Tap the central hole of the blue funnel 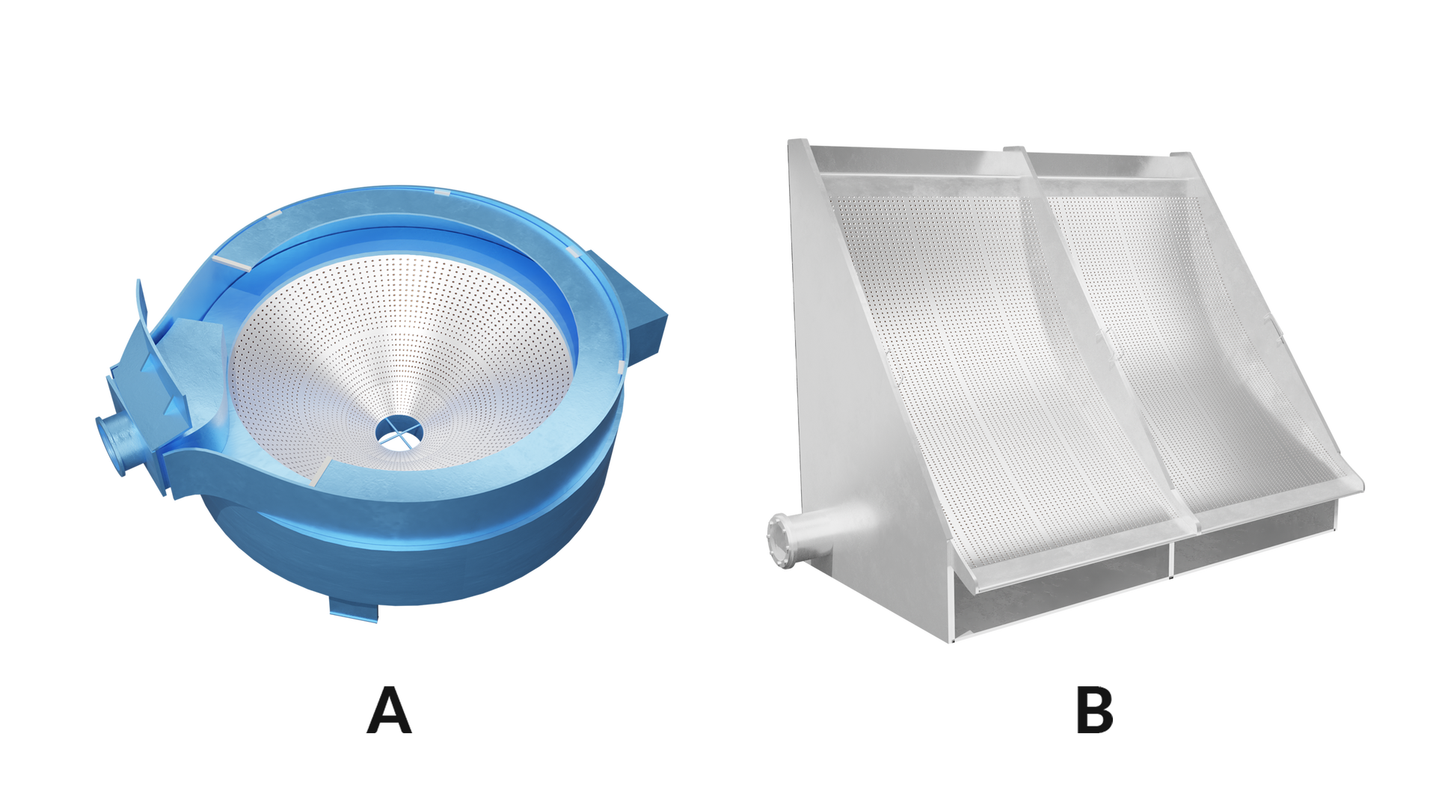point(399,432)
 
